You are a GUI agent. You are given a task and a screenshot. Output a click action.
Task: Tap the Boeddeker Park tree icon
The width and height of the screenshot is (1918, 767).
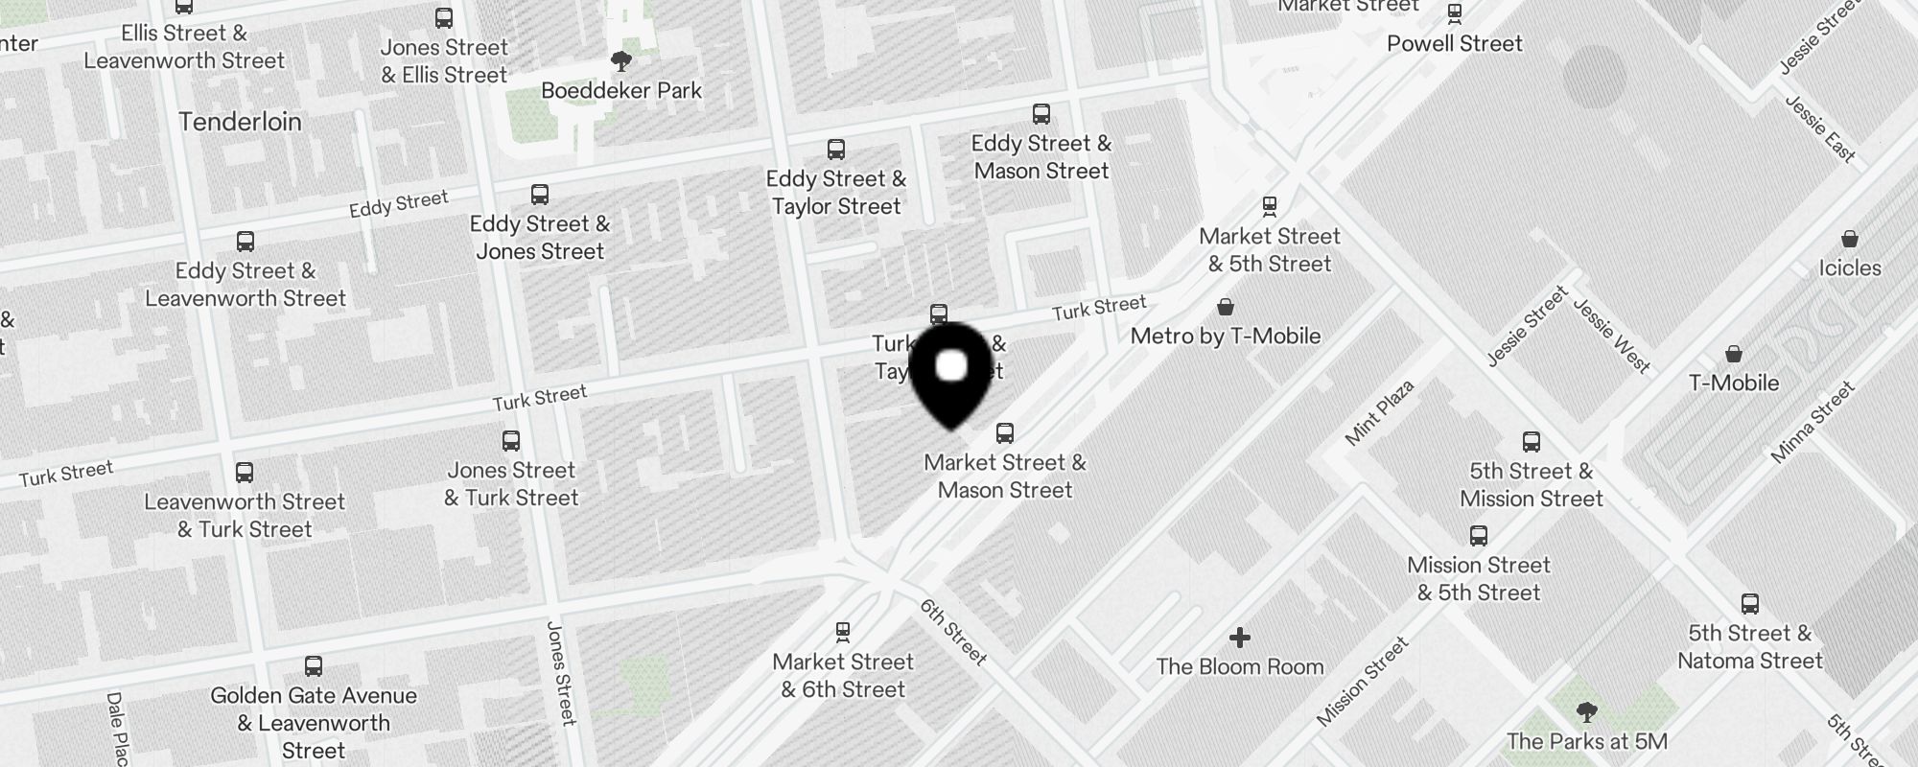(x=621, y=62)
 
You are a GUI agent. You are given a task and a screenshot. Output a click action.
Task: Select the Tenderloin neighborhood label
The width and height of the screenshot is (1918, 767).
(x=240, y=122)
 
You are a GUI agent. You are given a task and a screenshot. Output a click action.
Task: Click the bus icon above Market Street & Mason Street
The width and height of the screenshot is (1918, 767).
(x=1005, y=432)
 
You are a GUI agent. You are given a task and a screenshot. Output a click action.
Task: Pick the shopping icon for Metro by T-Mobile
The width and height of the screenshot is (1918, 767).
(x=1225, y=307)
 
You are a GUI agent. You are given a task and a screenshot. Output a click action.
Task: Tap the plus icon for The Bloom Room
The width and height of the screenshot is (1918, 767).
(x=1240, y=638)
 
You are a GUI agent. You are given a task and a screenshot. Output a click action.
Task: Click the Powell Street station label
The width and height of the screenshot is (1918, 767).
(x=1454, y=44)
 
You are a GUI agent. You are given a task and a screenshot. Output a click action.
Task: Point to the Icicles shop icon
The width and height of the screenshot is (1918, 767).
(x=1850, y=239)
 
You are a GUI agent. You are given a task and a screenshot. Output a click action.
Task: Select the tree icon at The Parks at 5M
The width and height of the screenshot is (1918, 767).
(x=1586, y=712)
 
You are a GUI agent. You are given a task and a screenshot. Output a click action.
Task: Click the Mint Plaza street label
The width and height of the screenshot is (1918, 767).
(x=1379, y=413)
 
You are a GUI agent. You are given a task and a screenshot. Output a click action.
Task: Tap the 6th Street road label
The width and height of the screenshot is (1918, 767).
(x=952, y=632)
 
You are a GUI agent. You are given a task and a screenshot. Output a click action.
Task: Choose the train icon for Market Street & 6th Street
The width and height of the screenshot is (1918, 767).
(x=843, y=632)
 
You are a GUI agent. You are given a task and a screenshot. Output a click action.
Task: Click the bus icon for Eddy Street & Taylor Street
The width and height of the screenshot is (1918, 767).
(x=836, y=150)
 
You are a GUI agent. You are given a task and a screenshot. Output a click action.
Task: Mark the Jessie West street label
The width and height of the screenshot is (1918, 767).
(x=1612, y=336)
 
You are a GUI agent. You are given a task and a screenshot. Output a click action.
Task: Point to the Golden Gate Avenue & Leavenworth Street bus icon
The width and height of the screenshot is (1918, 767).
(x=314, y=666)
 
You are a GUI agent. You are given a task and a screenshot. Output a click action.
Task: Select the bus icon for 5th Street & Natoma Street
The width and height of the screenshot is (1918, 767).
(x=1750, y=604)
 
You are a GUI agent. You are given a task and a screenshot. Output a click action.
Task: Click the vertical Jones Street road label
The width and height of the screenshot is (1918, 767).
(x=561, y=673)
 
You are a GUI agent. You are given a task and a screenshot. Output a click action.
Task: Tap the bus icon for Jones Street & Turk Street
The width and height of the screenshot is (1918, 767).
(x=511, y=441)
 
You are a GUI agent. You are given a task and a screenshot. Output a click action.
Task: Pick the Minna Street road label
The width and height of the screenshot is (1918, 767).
(x=1813, y=423)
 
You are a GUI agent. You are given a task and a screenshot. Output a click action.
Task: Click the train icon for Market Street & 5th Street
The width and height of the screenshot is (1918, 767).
(x=1270, y=206)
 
